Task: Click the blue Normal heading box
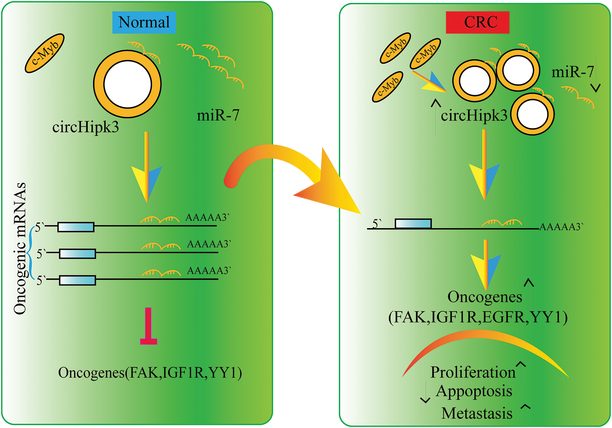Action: [144, 22]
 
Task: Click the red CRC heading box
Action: [478, 22]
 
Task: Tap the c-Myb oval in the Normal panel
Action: [45, 53]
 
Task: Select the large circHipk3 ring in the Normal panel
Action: [127, 84]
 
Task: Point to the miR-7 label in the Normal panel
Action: [218, 115]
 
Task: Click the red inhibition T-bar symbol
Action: [148, 326]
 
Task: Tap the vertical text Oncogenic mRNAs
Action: [20, 248]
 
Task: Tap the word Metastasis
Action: [477, 413]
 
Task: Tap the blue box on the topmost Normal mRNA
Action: [76, 227]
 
